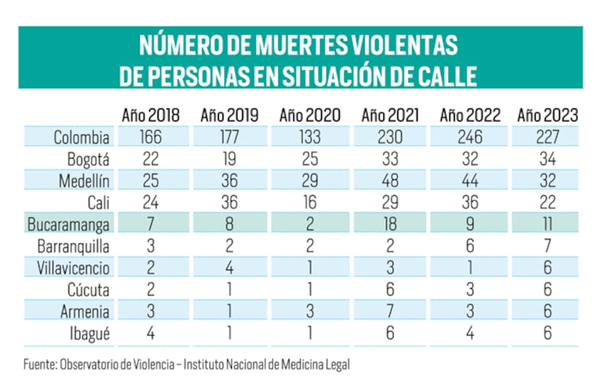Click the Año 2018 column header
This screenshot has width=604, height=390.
pyautogui.click(x=150, y=116)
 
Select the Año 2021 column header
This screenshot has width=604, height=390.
pyautogui.click(x=390, y=116)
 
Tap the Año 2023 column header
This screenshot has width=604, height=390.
pyautogui.click(x=548, y=116)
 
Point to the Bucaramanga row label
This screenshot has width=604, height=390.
pyautogui.click(x=69, y=224)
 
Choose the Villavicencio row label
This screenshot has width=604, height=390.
pyautogui.click(x=73, y=268)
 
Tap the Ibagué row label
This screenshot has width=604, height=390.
pyautogui.click(x=90, y=333)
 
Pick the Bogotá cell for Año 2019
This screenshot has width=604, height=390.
pyautogui.click(x=230, y=160)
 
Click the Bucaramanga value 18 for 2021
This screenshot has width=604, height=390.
pyautogui.click(x=390, y=224)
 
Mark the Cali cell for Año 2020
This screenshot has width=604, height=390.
pyautogui.click(x=310, y=203)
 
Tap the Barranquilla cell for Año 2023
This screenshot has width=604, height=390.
pyautogui.click(x=548, y=246)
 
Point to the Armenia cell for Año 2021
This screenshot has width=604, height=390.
pyautogui.click(x=390, y=311)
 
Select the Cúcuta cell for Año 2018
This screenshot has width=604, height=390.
pyautogui.click(x=150, y=290)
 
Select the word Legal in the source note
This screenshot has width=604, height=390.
pyautogui.click(x=336, y=365)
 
